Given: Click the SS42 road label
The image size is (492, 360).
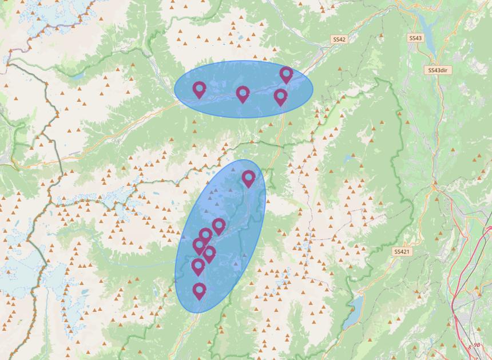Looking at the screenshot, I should pyautogui.click(x=339, y=39).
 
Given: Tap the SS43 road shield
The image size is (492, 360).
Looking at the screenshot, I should pyautogui.click(x=415, y=38).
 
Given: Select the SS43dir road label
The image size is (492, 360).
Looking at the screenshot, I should pyautogui.click(x=438, y=70).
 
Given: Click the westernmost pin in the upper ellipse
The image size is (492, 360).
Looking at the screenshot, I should pyautogui.click(x=199, y=89).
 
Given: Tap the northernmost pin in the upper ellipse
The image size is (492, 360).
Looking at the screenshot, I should pyautogui.click(x=286, y=74).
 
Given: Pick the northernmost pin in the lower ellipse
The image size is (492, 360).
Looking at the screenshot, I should pyautogui.click(x=248, y=178).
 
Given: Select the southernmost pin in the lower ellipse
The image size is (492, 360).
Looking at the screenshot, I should pyautogui.click(x=199, y=291).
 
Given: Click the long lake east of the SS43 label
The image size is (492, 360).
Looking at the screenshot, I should pyautogui.click(x=427, y=26).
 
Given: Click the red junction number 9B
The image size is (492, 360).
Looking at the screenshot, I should pyautogui.click(x=477, y=345).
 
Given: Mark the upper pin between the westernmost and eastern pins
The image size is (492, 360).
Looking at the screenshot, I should pyautogui.click(x=243, y=94).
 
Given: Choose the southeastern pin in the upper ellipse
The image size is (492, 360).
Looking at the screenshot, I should pyautogui.click(x=280, y=96).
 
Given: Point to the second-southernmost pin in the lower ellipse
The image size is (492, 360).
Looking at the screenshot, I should pyautogui.click(x=198, y=266).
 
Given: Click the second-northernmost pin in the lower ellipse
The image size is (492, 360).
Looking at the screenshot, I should pyautogui.click(x=219, y=226).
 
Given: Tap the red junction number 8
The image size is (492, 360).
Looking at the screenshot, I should pyautogui.click(x=470, y=347).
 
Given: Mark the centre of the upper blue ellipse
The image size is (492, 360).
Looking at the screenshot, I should pyautogui.click(x=244, y=89).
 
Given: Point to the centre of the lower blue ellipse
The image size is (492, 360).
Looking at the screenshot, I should pyautogui.click(x=220, y=236).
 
